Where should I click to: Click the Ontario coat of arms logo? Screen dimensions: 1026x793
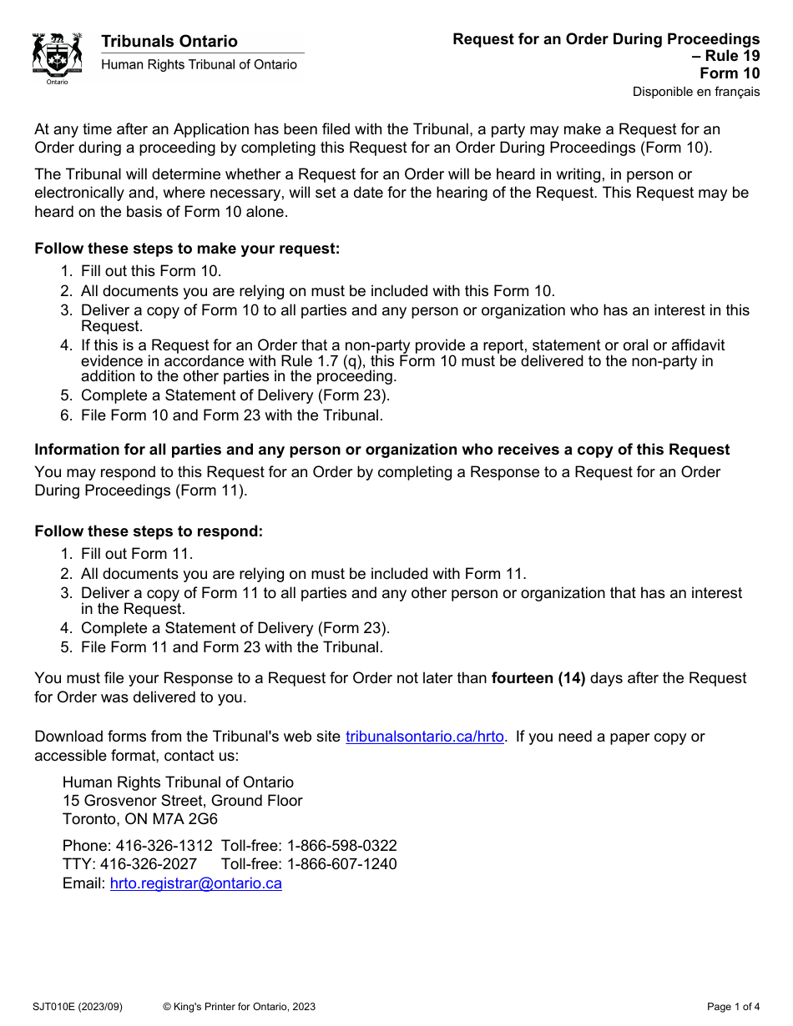click(x=57, y=58)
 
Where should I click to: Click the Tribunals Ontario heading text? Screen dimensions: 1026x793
click(x=169, y=42)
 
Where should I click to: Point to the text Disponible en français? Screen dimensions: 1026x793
click(x=695, y=92)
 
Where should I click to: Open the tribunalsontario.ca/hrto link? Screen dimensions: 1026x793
click(x=424, y=737)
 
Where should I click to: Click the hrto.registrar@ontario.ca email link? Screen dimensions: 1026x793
click(x=195, y=884)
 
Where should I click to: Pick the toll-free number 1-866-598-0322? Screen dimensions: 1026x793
click(x=341, y=846)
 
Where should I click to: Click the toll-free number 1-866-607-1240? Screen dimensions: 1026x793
click(x=341, y=864)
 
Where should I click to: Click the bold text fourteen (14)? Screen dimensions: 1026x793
click(x=538, y=678)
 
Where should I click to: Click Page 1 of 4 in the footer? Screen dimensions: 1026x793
click(x=733, y=1007)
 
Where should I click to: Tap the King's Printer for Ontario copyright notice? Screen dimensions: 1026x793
click(x=239, y=1007)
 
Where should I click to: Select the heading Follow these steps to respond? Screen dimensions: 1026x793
click(x=149, y=532)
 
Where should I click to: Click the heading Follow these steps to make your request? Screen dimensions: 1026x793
click(x=187, y=249)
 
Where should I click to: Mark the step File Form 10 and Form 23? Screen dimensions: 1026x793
click(x=231, y=415)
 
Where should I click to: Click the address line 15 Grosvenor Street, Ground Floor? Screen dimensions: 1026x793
click(x=182, y=801)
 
